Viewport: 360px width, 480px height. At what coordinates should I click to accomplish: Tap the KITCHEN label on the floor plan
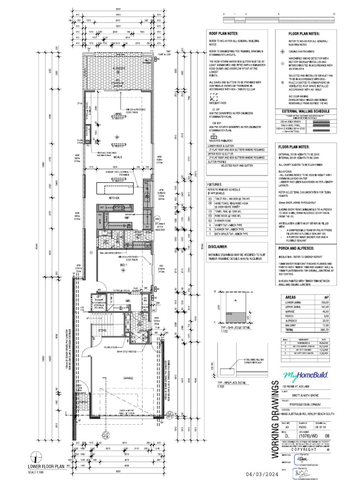(x=115, y=198)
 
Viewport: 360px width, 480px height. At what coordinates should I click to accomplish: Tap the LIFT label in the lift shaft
(x=99, y=297)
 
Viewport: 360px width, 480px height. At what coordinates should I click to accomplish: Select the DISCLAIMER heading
(x=217, y=246)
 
